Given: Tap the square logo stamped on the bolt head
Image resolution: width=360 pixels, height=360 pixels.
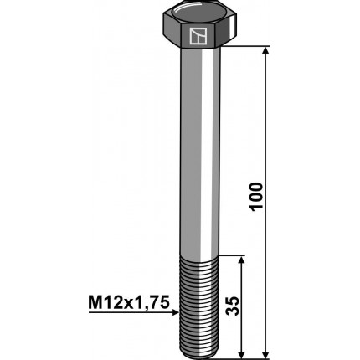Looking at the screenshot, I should pyautogui.click(x=198, y=36).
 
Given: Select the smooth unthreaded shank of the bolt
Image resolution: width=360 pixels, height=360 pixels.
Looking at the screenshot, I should pyautogui.click(x=198, y=151).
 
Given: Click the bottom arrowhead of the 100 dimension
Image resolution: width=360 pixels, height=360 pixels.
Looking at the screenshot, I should pyautogui.click(x=266, y=352).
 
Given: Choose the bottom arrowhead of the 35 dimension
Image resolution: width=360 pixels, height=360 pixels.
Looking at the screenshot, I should pyautogui.click(x=241, y=352).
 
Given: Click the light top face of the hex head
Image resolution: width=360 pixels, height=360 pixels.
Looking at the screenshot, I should pyautogui.click(x=198, y=15).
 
